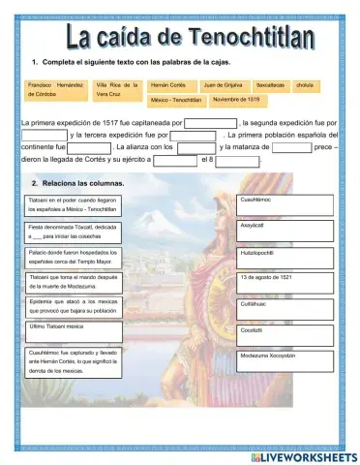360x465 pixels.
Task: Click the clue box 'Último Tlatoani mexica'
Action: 73,329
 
